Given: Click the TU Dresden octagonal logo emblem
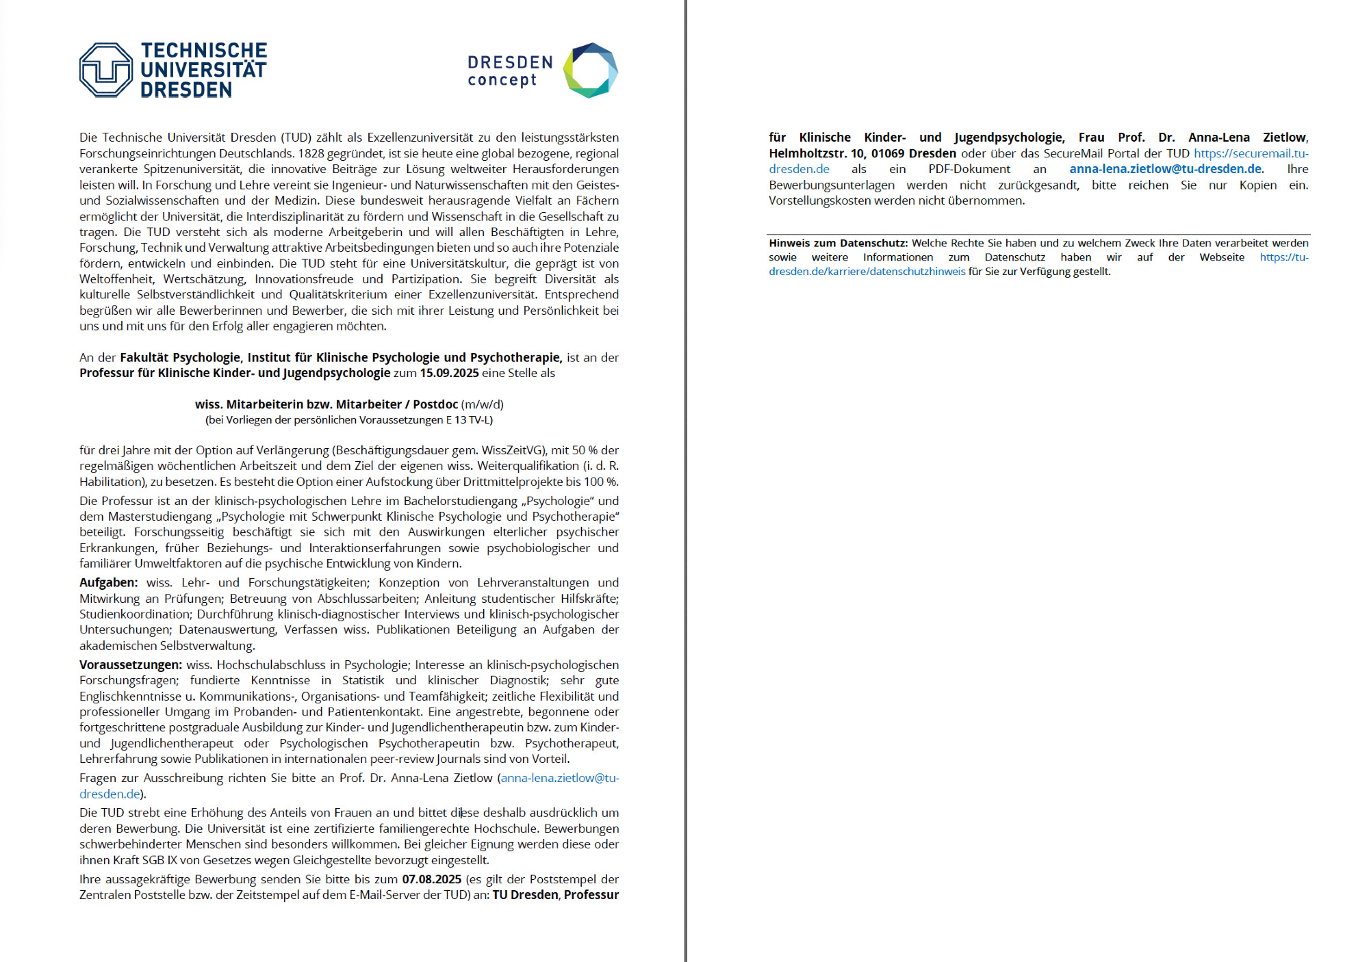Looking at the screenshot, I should pos(105,70).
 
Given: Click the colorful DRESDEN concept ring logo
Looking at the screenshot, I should pos(590,70).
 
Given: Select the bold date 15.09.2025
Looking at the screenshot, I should pos(449,373).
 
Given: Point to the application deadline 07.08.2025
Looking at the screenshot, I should pos(431,879).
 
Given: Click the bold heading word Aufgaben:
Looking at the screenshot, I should pos(108,583).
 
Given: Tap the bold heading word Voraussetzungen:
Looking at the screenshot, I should pos(130,665).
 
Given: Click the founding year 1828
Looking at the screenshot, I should pos(311,153).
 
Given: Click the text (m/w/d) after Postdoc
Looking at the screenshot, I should pos(483,404).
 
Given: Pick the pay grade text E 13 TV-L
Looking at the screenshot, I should pos(469,420).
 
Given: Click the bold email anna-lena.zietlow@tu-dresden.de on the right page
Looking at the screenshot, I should pos(1165,169).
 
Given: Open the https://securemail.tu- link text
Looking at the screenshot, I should pos(1251,153).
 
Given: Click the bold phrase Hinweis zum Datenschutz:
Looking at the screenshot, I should pos(838,243).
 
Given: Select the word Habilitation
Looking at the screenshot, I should pos(112,482).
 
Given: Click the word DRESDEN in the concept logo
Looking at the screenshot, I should pos(510,62).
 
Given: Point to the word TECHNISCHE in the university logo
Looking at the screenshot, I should pos(204,51).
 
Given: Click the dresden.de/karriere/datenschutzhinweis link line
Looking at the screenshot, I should pos(867,272).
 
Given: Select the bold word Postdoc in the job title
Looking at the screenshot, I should pos(435,404).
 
